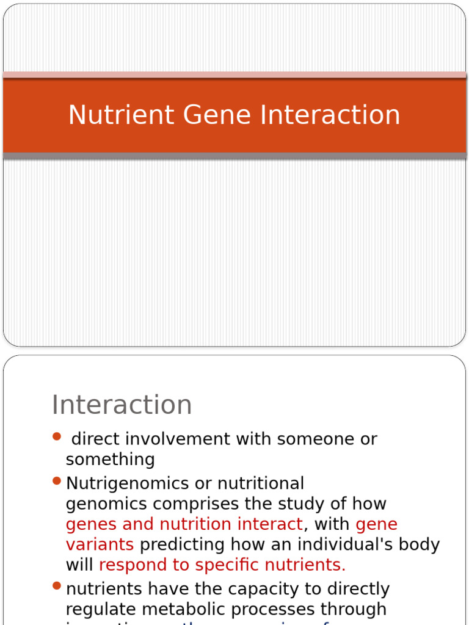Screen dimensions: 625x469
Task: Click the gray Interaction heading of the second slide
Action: click(x=122, y=405)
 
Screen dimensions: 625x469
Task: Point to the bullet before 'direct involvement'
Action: click(x=57, y=436)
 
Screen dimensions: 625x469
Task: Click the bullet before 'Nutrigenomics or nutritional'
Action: click(x=57, y=482)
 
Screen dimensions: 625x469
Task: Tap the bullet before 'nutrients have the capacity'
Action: click(x=57, y=587)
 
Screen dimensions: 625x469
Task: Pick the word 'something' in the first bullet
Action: click(x=110, y=460)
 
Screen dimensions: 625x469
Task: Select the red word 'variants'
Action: click(x=100, y=544)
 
